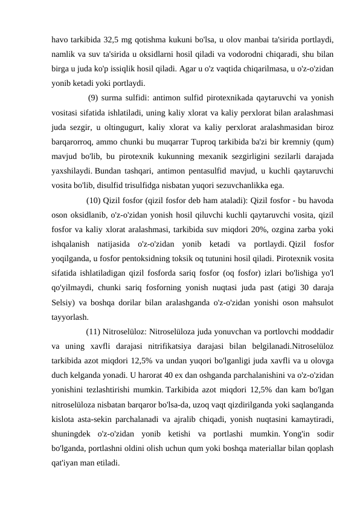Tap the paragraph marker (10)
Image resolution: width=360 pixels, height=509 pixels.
click(94, 201)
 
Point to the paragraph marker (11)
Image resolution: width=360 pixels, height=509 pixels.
click(94, 331)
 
